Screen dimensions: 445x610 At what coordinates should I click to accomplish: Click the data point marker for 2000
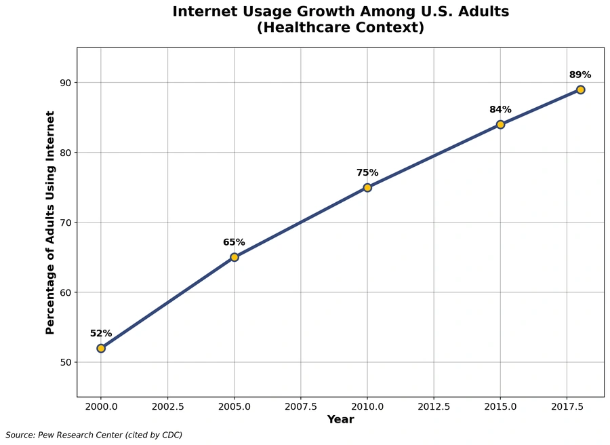point(101,348)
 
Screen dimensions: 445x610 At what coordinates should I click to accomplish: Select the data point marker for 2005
point(234,257)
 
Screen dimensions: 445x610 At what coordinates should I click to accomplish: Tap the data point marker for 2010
point(367,187)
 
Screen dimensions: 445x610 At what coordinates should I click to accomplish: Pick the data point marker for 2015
point(500,124)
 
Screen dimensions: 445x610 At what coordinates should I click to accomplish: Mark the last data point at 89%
point(580,90)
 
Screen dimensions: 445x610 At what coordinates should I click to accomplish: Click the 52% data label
point(101,333)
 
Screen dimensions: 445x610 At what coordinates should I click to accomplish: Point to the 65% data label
point(234,242)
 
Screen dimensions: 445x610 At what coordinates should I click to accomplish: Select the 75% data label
point(367,172)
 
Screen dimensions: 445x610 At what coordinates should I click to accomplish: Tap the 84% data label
point(500,109)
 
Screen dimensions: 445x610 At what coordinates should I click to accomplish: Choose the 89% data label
point(580,75)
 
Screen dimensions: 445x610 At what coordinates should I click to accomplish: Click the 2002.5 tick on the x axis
point(167,406)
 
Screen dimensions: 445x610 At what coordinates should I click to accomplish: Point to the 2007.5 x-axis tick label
point(301,406)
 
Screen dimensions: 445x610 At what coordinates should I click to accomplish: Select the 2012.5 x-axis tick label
point(434,406)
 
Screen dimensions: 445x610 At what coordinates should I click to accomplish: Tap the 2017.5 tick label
point(567,406)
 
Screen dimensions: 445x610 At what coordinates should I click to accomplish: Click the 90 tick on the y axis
point(65,83)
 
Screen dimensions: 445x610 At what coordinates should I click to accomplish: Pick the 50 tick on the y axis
point(65,362)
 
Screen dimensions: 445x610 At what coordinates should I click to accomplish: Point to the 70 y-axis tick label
point(65,222)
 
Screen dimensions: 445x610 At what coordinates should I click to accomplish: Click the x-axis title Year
point(340,420)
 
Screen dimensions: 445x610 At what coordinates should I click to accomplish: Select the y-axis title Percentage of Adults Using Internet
point(50,222)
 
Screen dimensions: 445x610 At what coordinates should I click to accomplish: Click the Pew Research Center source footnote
point(94,435)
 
